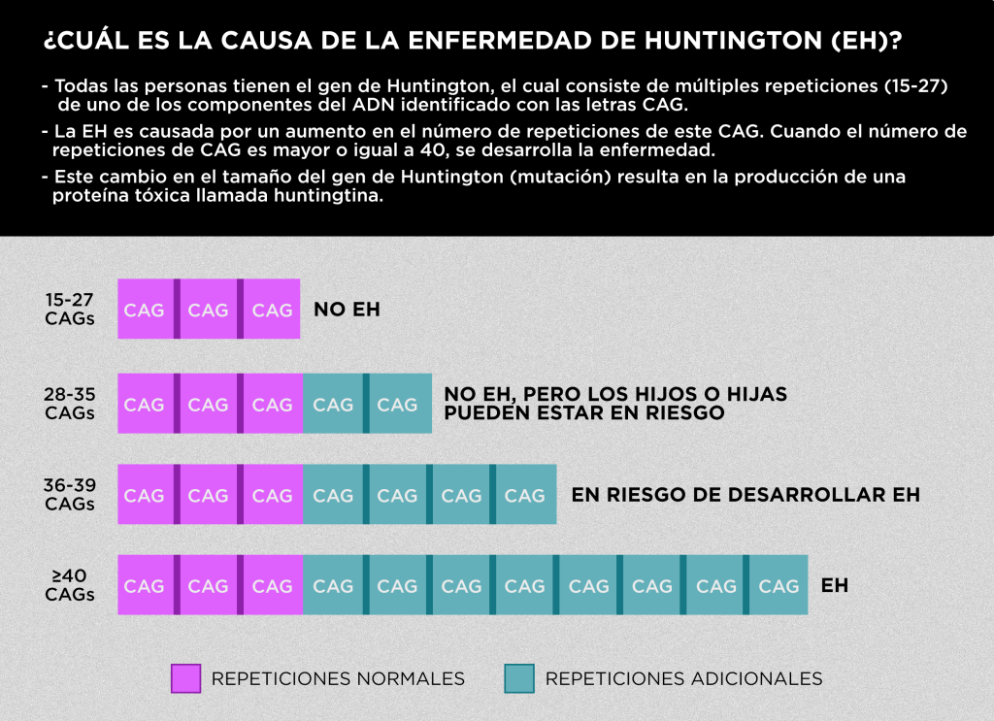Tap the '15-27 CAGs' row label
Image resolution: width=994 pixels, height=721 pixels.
point(70,310)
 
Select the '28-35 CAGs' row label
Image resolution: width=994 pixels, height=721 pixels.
point(70,404)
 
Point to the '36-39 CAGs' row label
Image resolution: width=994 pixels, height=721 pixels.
point(70,495)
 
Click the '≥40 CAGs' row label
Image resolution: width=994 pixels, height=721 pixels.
point(70,586)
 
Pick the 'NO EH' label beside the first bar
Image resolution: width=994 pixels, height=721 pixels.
point(347,311)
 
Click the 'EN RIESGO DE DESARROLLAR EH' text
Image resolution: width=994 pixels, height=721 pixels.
point(745,495)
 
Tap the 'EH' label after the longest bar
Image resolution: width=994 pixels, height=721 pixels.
point(835,586)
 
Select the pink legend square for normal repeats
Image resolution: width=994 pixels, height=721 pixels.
point(185,678)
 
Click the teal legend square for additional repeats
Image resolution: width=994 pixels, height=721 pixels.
point(519,678)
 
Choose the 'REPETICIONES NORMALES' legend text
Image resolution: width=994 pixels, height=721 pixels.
point(338,678)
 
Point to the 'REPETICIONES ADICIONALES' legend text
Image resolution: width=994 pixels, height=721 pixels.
point(683,678)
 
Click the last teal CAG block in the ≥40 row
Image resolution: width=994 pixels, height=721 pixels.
point(779,586)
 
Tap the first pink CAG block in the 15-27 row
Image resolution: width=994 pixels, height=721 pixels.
point(145,311)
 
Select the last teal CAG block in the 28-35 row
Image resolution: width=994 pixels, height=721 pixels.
point(398,404)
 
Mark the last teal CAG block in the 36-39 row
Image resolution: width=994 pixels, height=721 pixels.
point(525,495)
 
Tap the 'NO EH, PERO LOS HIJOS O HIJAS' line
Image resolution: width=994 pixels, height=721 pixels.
point(615,395)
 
